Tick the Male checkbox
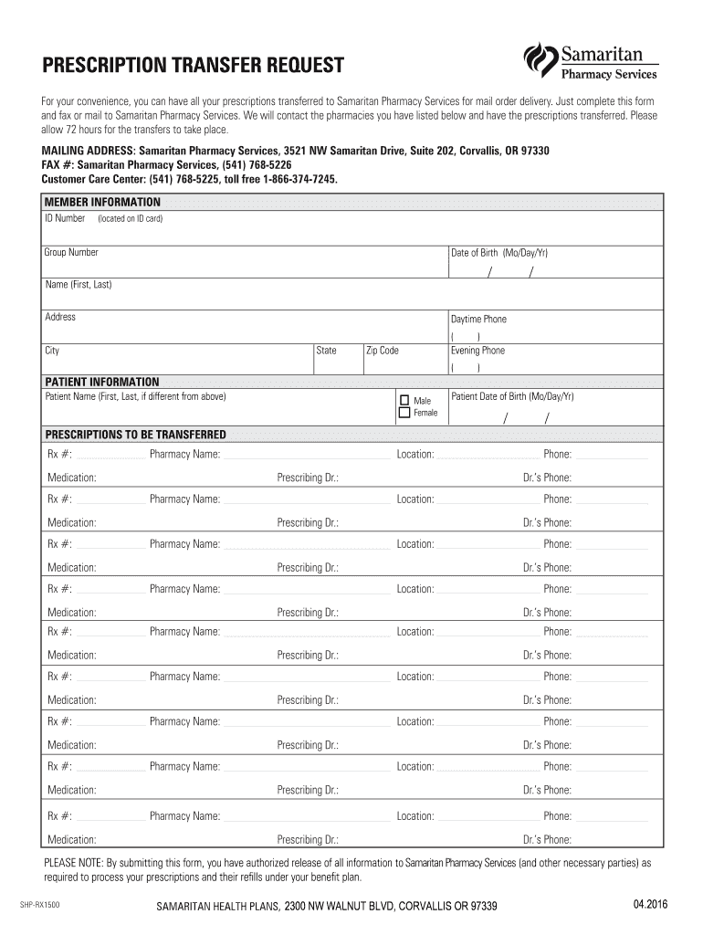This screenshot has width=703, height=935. point(404,400)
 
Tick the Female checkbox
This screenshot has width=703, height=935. point(404,413)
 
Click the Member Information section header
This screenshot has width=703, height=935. point(102,202)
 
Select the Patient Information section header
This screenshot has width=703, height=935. point(101,382)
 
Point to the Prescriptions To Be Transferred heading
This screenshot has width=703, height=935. point(135,434)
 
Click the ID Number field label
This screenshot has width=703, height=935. point(65,219)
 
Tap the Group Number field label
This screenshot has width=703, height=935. point(71,252)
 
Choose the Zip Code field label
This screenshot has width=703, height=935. point(382,351)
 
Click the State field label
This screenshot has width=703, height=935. point(326,351)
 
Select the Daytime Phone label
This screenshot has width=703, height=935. point(477,320)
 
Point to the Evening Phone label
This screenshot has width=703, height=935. point(477,351)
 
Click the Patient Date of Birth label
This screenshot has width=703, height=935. point(512,396)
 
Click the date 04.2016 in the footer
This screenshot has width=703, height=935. point(650,904)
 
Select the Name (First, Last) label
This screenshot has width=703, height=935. point(79,284)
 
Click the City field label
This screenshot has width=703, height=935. point(52,351)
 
